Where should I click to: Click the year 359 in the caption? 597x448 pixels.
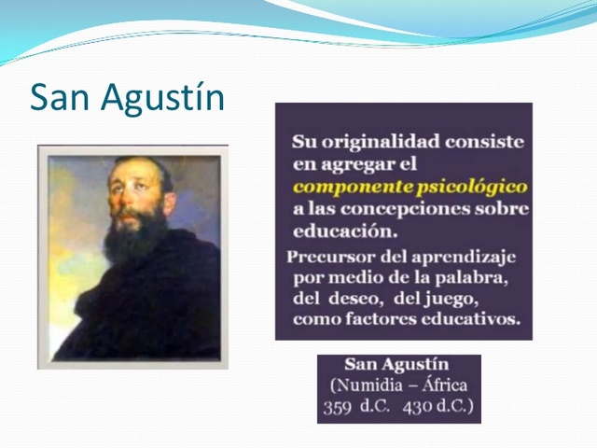(337, 407)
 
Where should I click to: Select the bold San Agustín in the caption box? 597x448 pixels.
(397, 364)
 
